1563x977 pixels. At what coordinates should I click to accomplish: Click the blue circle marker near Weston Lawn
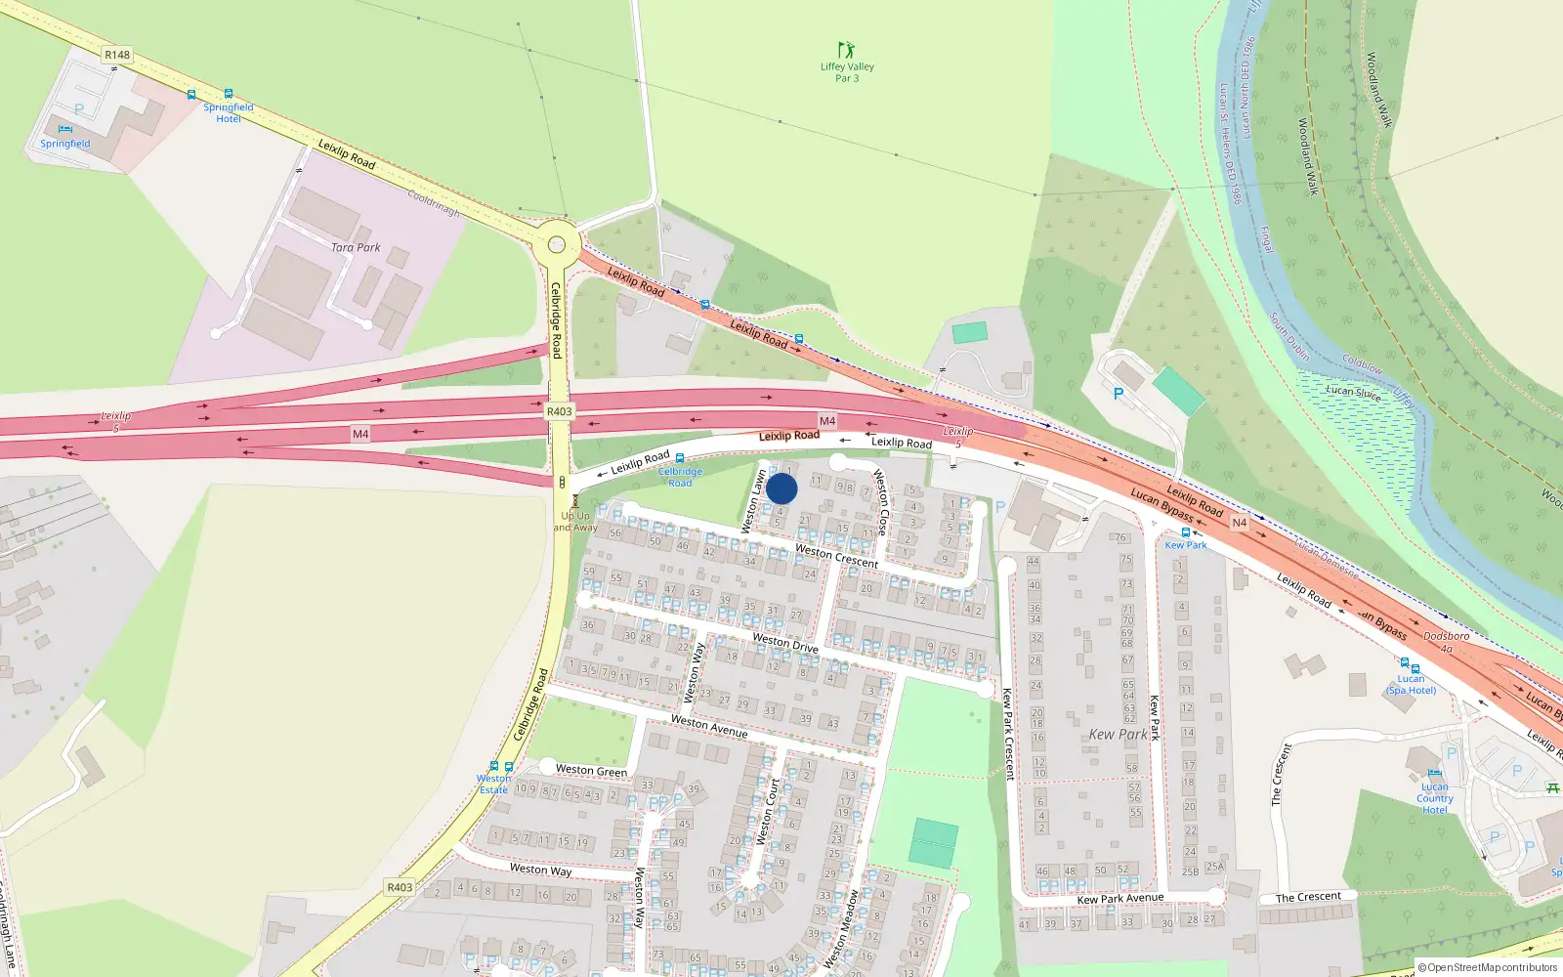[x=781, y=488]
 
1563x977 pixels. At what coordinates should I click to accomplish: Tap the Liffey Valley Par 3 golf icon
[x=846, y=50]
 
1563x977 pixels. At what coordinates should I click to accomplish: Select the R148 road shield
[x=117, y=55]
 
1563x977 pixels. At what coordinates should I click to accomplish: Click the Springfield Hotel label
[x=228, y=112]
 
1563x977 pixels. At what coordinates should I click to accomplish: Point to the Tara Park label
[x=356, y=247]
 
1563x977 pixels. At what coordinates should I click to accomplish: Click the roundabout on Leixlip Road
[x=557, y=245]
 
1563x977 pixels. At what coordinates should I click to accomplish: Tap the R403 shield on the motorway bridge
[x=559, y=411]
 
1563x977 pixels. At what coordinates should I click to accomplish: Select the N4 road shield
[x=1239, y=523]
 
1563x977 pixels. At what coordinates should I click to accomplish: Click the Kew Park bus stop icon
[x=1186, y=532]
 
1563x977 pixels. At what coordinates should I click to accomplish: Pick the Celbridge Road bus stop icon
[x=680, y=458]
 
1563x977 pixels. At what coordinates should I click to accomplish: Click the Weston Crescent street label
[x=836, y=556]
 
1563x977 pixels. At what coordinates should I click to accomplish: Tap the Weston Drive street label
[x=785, y=642]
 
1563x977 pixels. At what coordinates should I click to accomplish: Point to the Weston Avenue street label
[x=709, y=726]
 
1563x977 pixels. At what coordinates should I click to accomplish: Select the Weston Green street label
[x=591, y=770]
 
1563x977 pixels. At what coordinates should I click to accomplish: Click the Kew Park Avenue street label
[x=1119, y=898]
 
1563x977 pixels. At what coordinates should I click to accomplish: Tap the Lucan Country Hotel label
[x=1435, y=798]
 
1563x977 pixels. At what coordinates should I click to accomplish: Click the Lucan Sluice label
[x=1353, y=392]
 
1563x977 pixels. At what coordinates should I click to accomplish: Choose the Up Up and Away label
[x=575, y=522]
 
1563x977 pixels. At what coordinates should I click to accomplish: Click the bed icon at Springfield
[x=65, y=129]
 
